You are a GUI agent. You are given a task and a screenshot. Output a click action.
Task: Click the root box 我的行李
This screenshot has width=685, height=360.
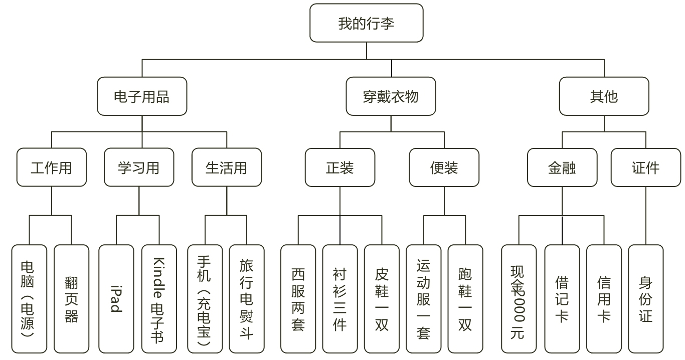tap(366, 23)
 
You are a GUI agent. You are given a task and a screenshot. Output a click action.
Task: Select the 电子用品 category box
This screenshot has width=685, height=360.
tap(142, 96)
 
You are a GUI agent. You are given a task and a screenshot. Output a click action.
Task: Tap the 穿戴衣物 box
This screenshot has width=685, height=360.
tap(391, 96)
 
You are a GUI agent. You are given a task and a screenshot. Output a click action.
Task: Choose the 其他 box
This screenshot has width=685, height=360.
tap(604, 96)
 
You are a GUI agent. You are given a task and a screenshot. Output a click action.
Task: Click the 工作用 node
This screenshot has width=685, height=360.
tap(52, 167)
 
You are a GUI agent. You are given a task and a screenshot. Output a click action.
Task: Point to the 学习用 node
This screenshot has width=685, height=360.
tap(139, 167)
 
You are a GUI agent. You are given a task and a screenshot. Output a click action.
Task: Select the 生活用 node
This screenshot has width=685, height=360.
tap(227, 167)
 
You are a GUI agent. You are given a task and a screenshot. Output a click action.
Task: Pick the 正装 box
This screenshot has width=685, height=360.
tap(340, 167)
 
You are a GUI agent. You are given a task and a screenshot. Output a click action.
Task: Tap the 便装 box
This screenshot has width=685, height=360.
tap(444, 167)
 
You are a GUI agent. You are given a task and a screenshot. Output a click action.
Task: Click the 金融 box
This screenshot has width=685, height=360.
tap(562, 167)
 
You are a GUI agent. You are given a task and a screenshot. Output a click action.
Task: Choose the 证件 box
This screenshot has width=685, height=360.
tap(646, 167)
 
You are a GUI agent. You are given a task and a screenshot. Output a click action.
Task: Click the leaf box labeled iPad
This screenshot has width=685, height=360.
tap(116, 299)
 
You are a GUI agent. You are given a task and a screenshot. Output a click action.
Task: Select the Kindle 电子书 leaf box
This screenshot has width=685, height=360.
tap(159, 299)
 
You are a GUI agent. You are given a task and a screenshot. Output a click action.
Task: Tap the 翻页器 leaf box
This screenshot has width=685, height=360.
tap(71, 299)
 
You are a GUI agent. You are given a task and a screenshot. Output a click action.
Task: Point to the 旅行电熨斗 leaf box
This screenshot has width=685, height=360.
tap(247, 299)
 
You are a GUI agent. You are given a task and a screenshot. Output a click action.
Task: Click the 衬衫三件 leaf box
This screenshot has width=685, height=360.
tap(340, 299)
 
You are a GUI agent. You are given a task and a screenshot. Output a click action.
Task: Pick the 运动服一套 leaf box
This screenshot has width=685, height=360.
tap(423, 299)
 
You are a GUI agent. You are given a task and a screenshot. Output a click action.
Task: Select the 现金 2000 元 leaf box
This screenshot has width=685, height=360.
tap(519, 299)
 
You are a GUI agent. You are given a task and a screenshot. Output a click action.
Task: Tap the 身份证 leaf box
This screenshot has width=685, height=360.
tap(646, 299)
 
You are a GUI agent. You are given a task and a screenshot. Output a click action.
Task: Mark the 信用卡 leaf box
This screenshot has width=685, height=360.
tap(604, 299)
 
